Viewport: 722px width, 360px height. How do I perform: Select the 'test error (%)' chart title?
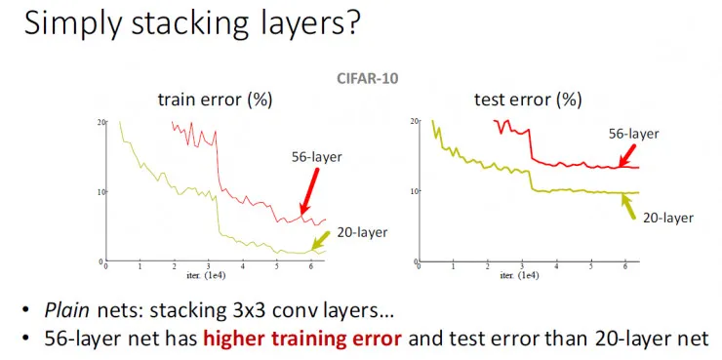pos(528,100)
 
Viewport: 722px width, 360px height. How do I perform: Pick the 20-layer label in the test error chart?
pos(667,218)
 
